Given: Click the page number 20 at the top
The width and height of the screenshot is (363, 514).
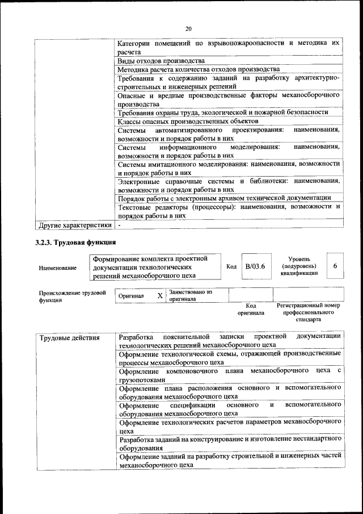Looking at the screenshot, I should coord(188,29).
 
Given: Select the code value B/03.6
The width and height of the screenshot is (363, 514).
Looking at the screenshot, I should coord(255,266).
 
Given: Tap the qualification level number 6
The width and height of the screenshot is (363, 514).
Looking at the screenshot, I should coord(335,266).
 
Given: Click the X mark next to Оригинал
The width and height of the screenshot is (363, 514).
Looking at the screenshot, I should coord(160,296).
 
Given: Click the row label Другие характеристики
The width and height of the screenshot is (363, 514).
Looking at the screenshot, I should coord(74,225).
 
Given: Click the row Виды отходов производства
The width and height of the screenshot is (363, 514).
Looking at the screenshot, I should coord(161,60).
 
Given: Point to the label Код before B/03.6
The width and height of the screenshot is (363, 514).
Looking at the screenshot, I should coord(231,266).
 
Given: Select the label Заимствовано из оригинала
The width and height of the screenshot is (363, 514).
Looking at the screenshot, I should coord(191,295).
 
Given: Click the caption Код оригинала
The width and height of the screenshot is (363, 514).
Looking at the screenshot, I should coord(251,309).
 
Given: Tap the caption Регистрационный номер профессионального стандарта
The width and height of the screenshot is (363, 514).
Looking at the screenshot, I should coord(308,312).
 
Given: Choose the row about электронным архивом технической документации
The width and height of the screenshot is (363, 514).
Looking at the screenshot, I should coord(224,198).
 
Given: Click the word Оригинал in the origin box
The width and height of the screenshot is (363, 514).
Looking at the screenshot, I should coord(131,296).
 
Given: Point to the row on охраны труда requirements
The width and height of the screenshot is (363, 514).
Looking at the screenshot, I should coord(223,112).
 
